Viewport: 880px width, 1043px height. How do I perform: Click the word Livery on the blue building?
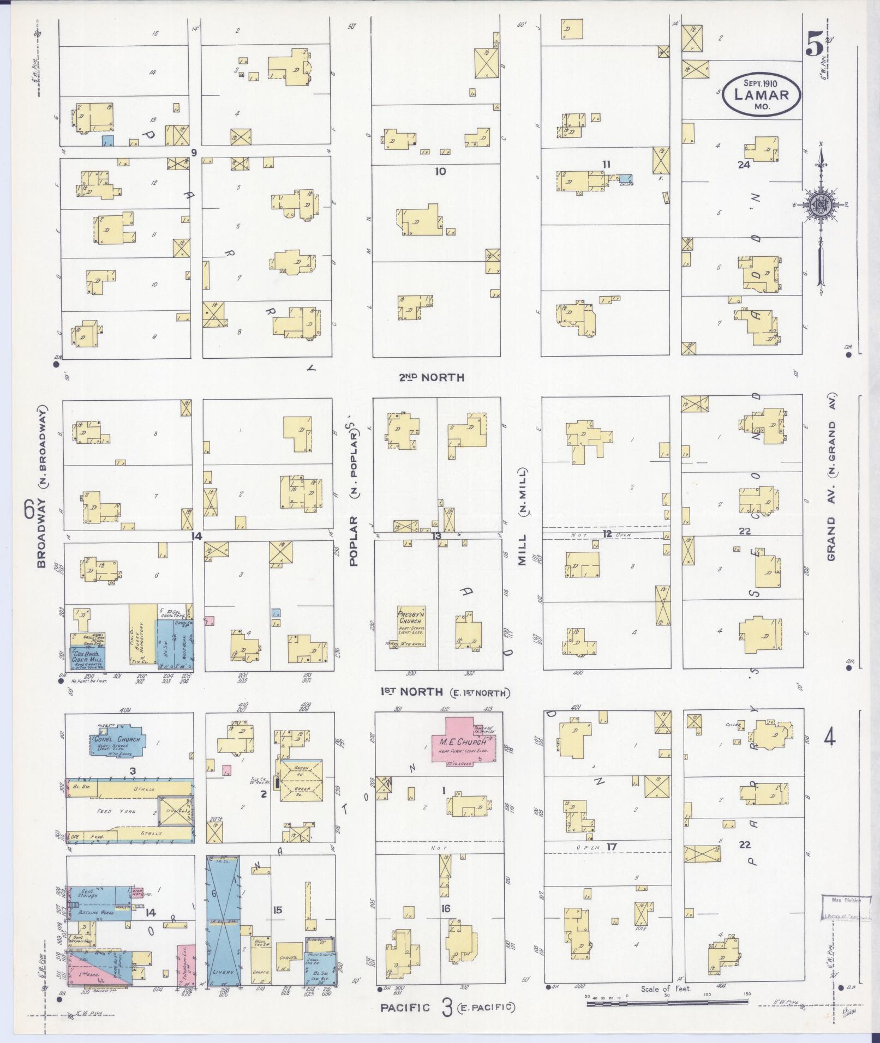pos(223,972)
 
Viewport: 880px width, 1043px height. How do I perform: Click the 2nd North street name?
pos(431,377)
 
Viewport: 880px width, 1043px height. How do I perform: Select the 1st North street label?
pos(411,692)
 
